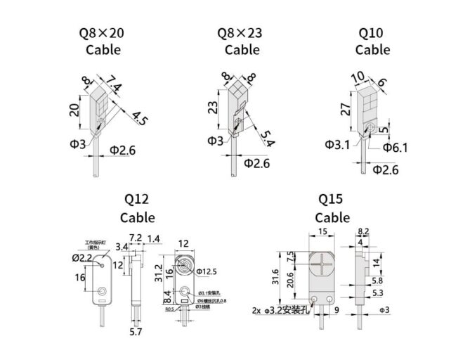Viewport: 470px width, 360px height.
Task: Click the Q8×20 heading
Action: click(x=103, y=32)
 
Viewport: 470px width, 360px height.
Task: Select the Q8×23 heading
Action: click(x=242, y=32)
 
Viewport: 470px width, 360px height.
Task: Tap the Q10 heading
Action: click(x=372, y=32)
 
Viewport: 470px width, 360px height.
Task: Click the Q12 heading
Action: click(x=137, y=200)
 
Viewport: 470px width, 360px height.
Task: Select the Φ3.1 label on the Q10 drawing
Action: click(x=337, y=144)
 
